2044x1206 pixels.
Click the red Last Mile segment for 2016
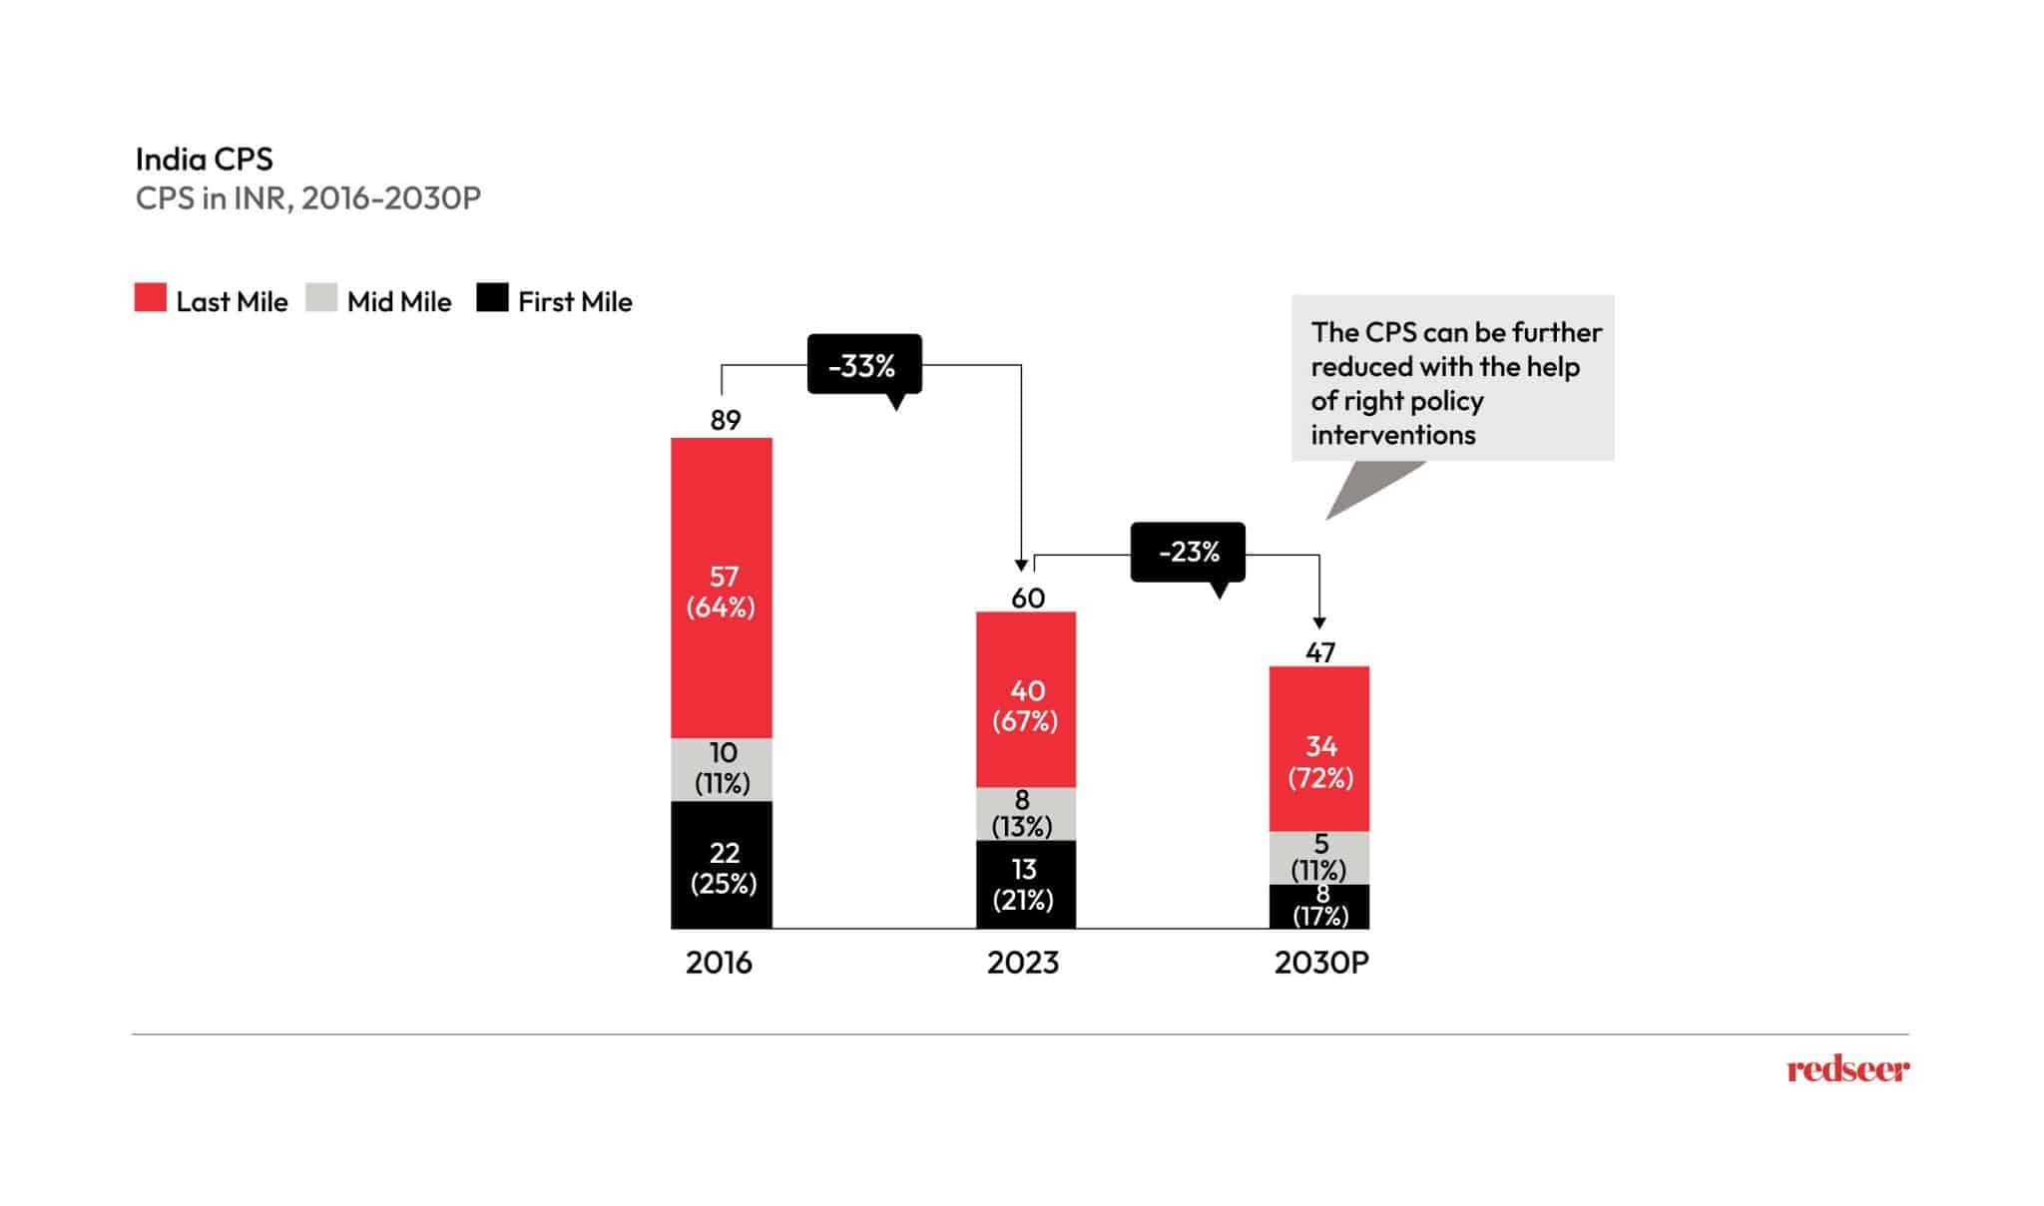coord(721,589)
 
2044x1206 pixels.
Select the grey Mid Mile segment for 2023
coord(1025,814)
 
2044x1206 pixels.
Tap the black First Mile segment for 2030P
coord(1318,907)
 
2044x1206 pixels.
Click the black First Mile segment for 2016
coord(721,865)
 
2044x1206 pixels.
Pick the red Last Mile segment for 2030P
coord(1318,749)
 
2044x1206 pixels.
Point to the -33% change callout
coord(863,365)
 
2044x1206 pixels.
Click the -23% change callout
coord(1188,552)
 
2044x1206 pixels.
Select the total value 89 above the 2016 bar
coord(726,420)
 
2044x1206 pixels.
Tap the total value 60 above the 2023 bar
coord(1027,598)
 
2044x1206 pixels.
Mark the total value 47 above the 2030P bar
coord(1319,652)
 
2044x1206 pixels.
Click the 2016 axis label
coord(719,963)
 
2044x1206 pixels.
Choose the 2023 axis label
coord(1023,963)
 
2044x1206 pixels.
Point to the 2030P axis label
coord(1321,963)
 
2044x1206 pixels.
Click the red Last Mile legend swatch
coord(151,298)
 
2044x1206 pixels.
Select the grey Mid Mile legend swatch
coord(321,298)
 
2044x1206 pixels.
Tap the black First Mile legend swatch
coord(492,298)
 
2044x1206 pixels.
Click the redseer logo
coord(1847,1069)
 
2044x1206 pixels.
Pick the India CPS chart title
coord(204,160)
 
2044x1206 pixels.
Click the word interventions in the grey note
coord(1392,435)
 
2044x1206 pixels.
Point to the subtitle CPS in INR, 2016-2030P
coord(307,199)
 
